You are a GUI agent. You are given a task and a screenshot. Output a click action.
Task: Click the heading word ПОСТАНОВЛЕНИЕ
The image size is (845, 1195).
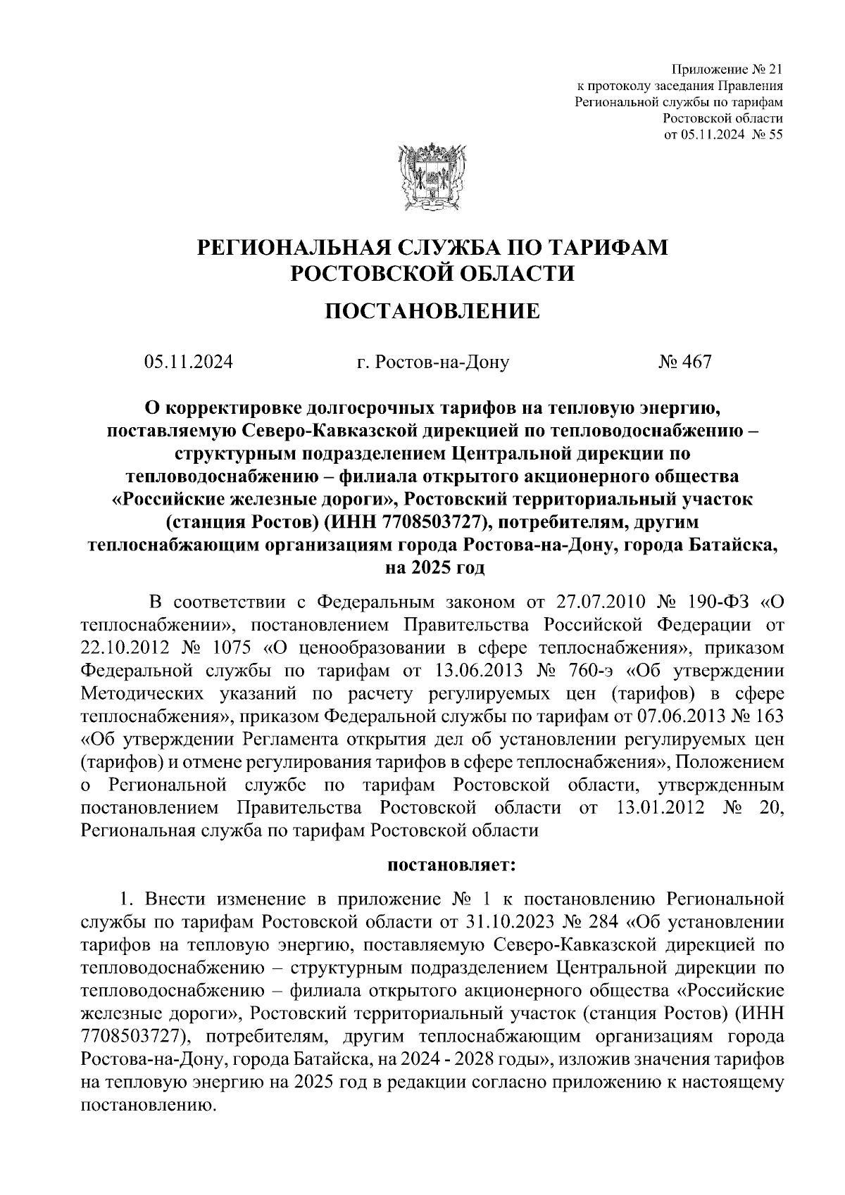[x=432, y=311]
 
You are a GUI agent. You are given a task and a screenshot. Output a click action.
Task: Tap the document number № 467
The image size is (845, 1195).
[x=684, y=362]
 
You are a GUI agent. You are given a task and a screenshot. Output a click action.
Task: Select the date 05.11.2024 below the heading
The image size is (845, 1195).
[x=188, y=362]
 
